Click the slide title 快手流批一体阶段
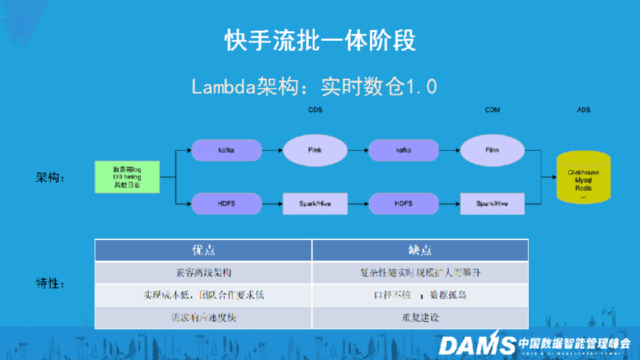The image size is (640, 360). point(320,41)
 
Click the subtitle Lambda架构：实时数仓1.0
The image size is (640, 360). point(314,86)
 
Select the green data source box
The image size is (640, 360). point(126,177)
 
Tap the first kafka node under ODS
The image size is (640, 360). point(226,150)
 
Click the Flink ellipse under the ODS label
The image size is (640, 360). point(315,150)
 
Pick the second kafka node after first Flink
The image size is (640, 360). point(403,150)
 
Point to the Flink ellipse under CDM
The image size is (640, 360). point(492,150)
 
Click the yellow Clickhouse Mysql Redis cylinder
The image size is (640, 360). point(584,179)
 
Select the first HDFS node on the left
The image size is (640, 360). point(226,204)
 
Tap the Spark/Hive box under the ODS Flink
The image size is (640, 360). point(315,204)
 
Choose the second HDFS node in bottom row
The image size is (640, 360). point(403,204)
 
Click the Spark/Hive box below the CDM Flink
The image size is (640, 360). point(492,204)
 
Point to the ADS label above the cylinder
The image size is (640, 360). point(583,110)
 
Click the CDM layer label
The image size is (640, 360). point(492,110)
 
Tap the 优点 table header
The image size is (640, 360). point(204,251)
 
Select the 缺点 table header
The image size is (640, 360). point(420,251)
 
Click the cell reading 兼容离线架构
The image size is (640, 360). point(204,273)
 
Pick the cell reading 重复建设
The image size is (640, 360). point(420,317)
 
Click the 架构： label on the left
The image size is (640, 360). point(50,177)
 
